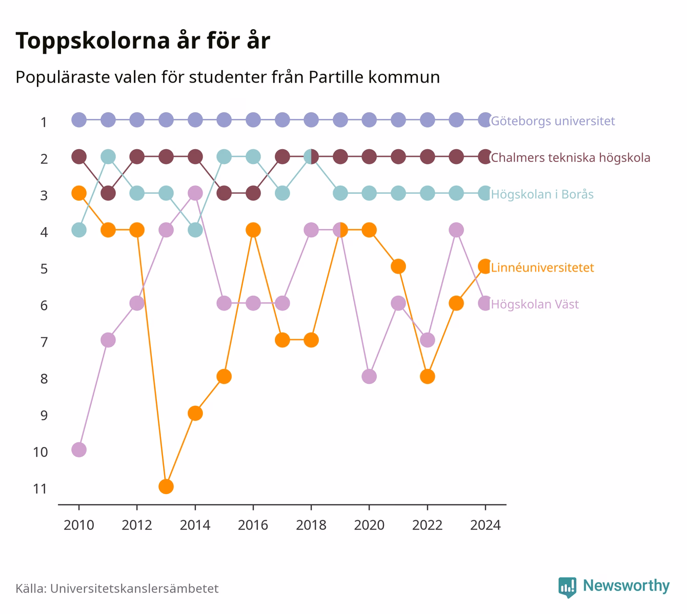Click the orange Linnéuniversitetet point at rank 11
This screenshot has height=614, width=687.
click(x=166, y=486)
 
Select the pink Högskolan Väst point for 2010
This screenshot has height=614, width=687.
click(x=79, y=450)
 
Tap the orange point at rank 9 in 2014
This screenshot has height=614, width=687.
click(x=195, y=413)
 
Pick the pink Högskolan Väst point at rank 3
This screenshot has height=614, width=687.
click(x=195, y=193)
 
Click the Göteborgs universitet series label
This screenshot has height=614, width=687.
click(x=553, y=121)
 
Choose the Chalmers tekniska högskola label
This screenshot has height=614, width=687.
click(x=571, y=158)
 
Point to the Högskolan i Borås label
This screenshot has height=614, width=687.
click(x=542, y=194)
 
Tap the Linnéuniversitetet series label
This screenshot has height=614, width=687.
click(x=542, y=268)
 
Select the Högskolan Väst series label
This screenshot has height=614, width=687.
click(x=535, y=304)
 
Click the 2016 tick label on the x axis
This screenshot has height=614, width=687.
click(x=253, y=525)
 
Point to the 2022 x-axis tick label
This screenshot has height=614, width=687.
click(x=427, y=525)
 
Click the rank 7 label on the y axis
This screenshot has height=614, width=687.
click(x=44, y=342)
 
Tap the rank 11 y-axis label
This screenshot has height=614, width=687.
click(x=40, y=489)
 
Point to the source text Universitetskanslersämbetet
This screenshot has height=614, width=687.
click(x=134, y=588)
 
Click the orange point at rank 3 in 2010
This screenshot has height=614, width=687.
click(x=79, y=193)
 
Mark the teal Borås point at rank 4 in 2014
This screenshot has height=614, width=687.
click(x=195, y=230)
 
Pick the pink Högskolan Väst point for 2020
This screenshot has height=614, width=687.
click(x=369, y=377)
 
